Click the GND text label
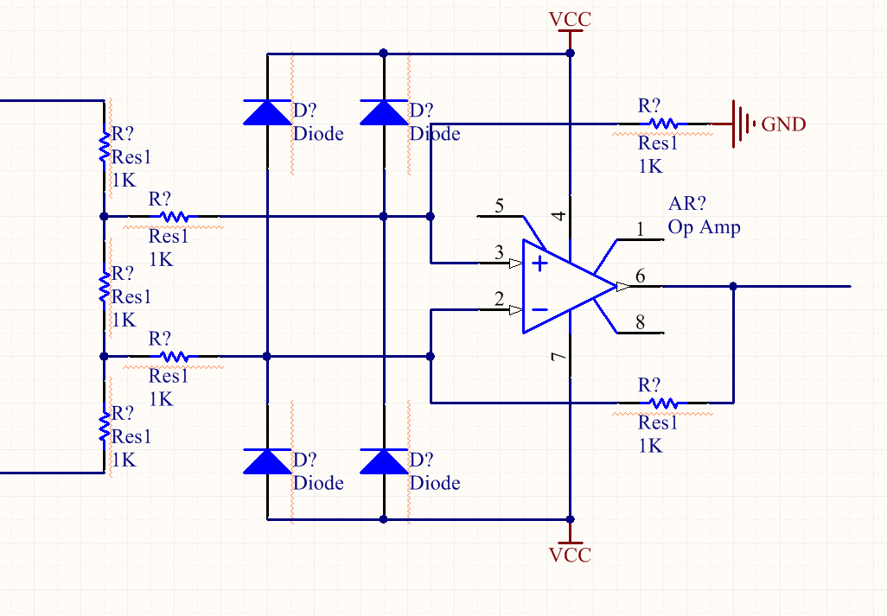coord(783,124)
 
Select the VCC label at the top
coord(570,18)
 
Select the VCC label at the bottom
coord(570,555)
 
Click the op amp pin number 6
coord(640,276)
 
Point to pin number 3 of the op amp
coord(499,252)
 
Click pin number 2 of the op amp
coord(499,299)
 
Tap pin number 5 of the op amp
coord(499,206)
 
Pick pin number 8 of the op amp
coord(640,323)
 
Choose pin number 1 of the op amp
coord(640,229)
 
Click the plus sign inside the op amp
coord(539,264)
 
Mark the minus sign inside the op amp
coord(539,309)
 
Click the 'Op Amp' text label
coord(704,227)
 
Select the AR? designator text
coord(687,204)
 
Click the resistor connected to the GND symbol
coord(663,124)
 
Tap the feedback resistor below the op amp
coord(663,403)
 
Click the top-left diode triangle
coord(266,113)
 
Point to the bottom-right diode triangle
coord(384,461)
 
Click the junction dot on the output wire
coord(733,286)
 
